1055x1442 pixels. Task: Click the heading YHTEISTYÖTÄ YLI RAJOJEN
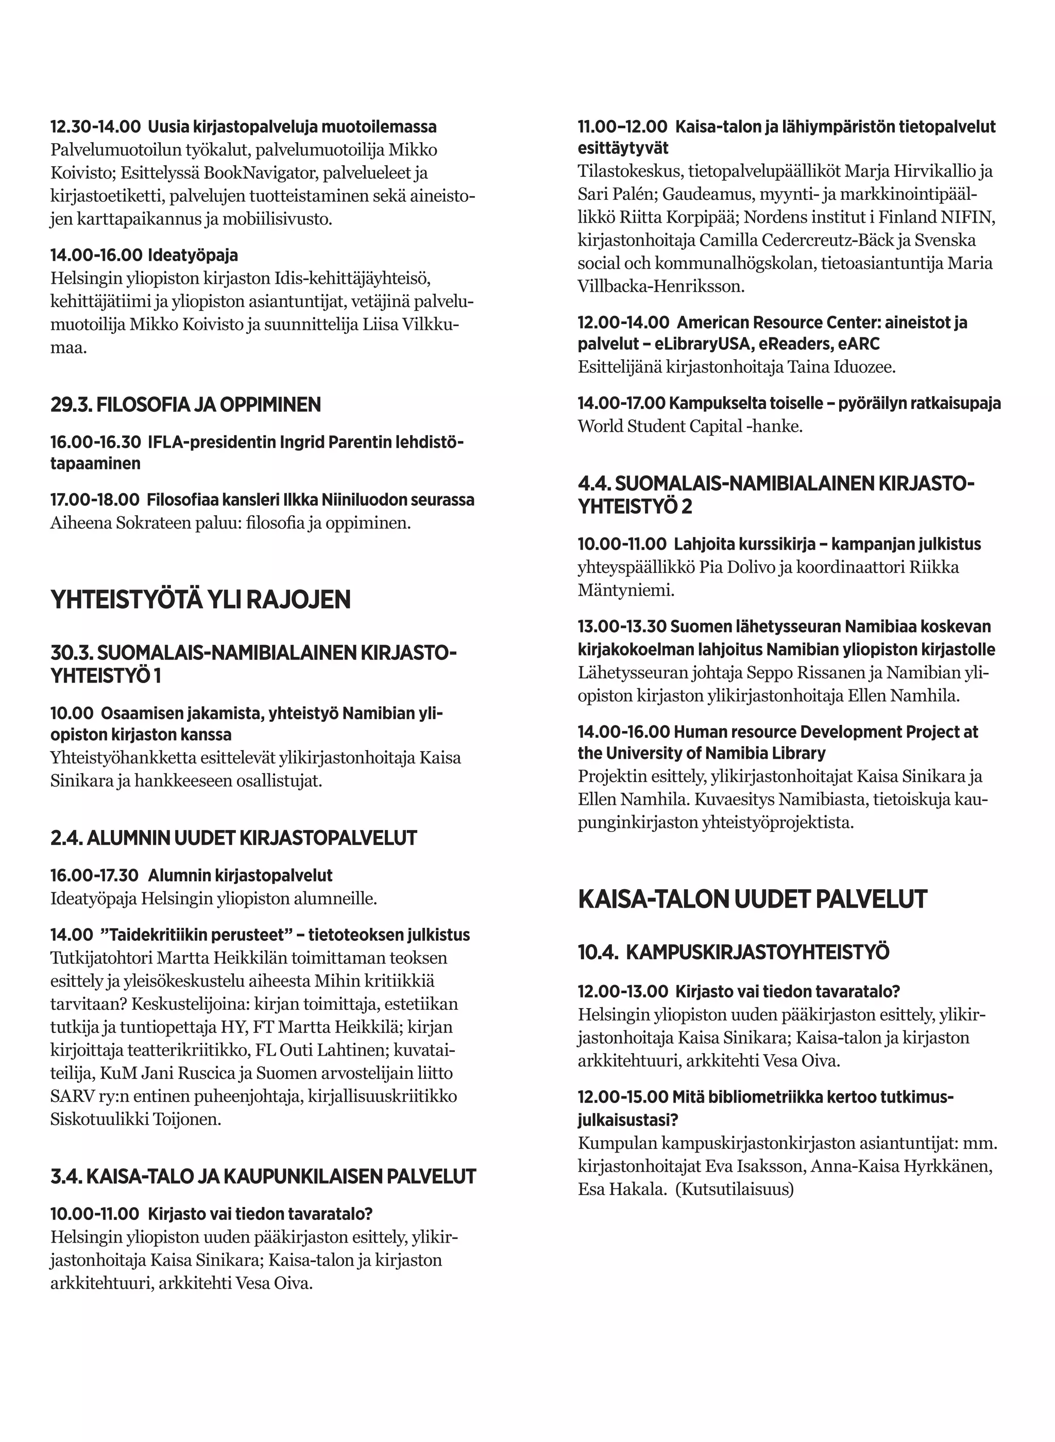coord(200,600)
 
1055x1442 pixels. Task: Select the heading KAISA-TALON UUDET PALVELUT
coord(752,898)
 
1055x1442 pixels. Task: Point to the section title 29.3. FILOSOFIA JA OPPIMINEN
coord(186,404)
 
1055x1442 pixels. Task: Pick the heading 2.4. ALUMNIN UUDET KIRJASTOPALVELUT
coord(234,838)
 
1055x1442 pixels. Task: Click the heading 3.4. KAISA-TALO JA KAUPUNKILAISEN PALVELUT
coord(263,1176)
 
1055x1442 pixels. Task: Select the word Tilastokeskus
coord(628,171)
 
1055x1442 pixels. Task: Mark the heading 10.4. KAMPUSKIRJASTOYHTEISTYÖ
coord(733,952)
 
